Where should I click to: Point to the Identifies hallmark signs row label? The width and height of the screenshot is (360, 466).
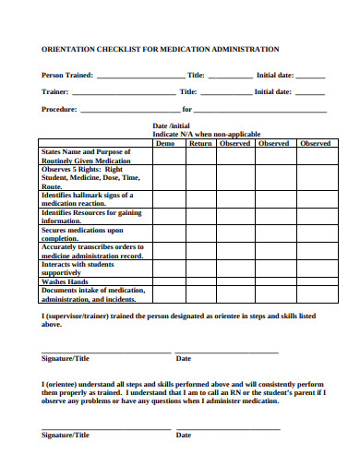(88, 199)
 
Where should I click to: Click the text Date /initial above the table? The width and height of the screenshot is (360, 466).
(171, 126)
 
